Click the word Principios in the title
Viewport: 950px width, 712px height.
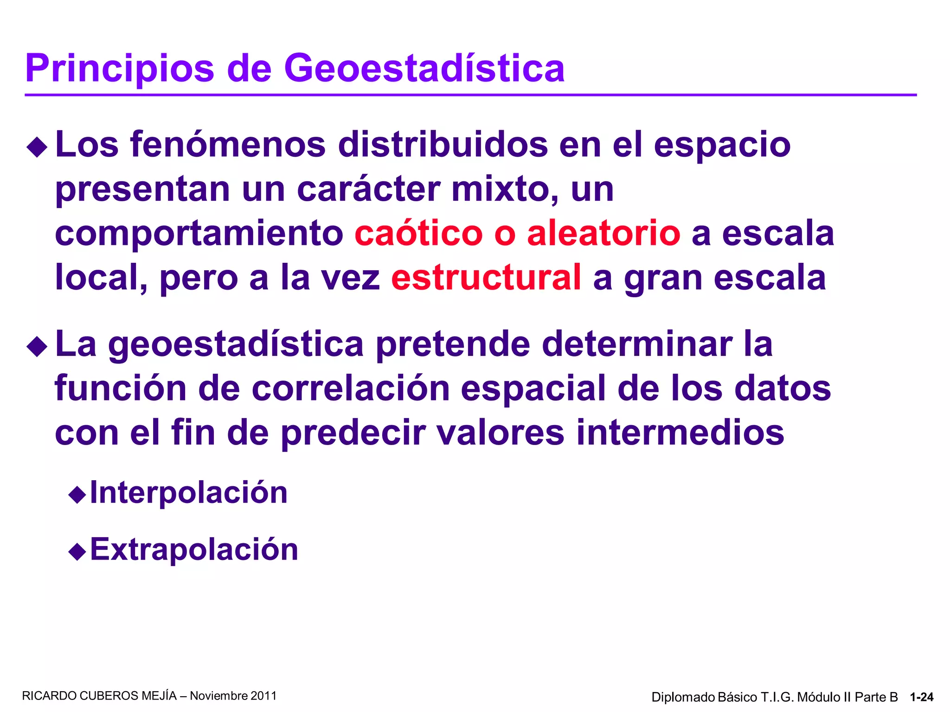coord(120,69)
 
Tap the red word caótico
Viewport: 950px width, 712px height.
coord(418,233)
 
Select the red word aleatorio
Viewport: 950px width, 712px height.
coord(603,233)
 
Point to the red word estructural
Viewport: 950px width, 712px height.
coord(486,277)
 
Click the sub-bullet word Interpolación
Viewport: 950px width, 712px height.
coord(189,492)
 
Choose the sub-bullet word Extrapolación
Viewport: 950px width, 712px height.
coord(194,549)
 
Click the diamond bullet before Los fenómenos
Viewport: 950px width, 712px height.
coord(38,148)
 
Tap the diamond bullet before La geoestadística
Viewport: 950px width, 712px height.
coord(38,347)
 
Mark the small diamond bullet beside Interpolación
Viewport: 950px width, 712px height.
coord(77,495)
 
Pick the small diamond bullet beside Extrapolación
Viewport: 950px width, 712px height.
coord(77,552)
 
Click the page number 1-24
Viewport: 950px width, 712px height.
coord(922,697)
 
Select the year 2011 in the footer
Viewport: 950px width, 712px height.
coord(263,696)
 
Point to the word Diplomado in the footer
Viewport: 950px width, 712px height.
coord(683,697)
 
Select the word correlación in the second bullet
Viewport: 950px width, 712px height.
coord(351,388)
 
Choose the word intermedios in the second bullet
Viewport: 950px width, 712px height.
coord(680,432)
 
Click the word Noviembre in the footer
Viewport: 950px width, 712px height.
coord(219,696)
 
